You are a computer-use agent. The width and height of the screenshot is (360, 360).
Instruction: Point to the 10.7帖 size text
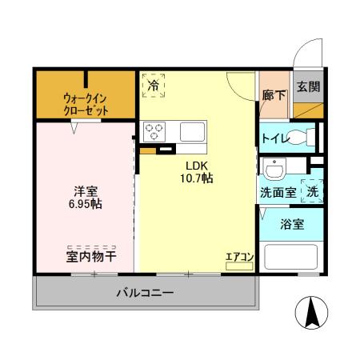click(197, 178)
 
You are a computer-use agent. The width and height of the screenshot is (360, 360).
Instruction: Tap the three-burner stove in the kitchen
click(153, 131)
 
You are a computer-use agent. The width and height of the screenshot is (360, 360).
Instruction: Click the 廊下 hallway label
click(273, 95)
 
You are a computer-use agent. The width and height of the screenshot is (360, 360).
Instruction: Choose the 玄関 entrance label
click(307, 87)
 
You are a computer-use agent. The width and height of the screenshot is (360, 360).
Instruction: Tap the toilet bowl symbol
click(302, 137)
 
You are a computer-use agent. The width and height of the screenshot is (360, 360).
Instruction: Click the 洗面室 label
click(278, 192)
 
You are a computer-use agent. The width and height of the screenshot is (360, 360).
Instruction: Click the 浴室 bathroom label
click(291, 225)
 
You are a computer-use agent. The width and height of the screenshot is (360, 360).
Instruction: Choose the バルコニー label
click(146, 294)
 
